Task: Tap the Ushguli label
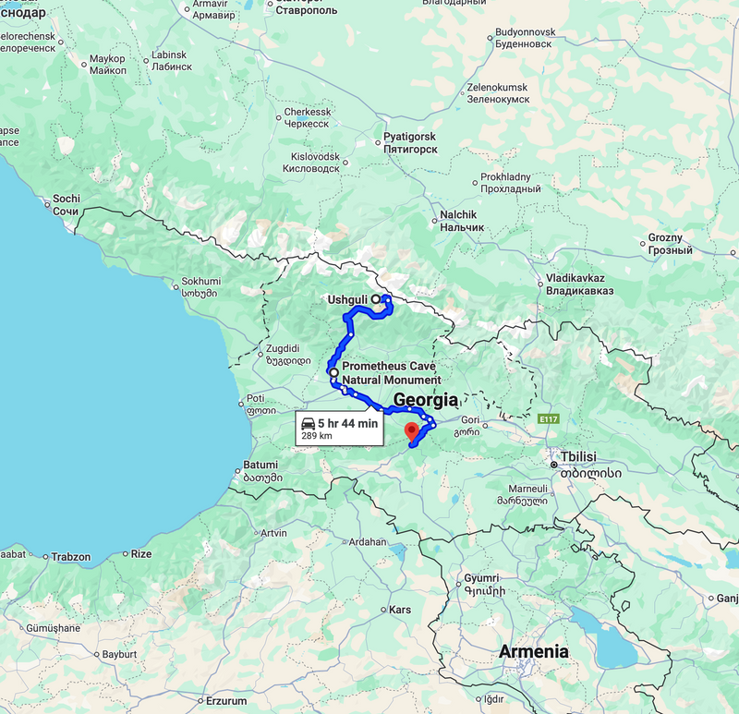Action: (347, 300)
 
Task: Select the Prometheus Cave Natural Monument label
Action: (391, 373)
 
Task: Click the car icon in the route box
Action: (308, 423)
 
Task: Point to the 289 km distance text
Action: (317, 436)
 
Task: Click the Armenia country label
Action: (534, 651)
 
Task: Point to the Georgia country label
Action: (426, 401)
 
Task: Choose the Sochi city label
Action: (67, 199)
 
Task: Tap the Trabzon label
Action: (70, 557)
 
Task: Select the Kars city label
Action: (400, 611)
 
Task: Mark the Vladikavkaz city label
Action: (575, 278)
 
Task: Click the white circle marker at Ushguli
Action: (376, 299)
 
